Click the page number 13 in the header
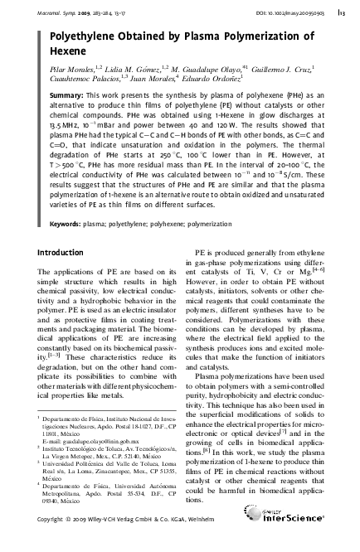pos(343,12)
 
